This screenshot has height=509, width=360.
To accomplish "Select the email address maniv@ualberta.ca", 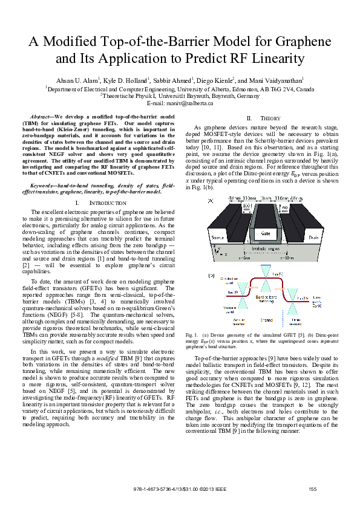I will [188, 103].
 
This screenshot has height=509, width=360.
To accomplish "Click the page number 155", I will [312, 488].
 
